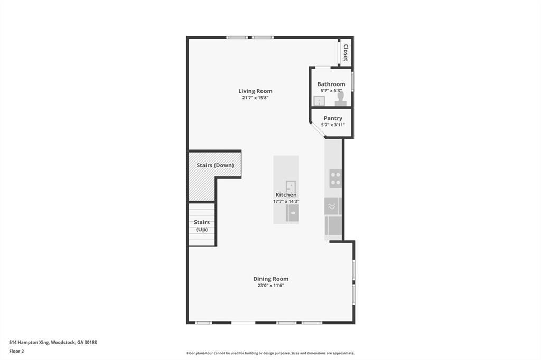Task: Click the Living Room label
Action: (255, 91)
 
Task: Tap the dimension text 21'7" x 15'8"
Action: (255, 98)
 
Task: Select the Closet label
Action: (346, 52)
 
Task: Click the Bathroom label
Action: (331, 84)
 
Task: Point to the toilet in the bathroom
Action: (341, 99)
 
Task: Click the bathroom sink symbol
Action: (319, 101)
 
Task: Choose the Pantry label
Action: (333, 118)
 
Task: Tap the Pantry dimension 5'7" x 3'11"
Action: (333, 125)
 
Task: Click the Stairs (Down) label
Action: (215, 165)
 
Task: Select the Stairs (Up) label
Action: (202, 226)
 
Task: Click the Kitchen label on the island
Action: (286, 195)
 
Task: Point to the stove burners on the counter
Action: (335, 178)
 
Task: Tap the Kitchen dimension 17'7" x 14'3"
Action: (286, 201)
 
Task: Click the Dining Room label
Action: (270, 279)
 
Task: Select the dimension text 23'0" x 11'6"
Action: (270, 286)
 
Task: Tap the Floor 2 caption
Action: (16, 351)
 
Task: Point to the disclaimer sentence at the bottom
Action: (270, 353)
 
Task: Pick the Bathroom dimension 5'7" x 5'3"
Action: (331, 90)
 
